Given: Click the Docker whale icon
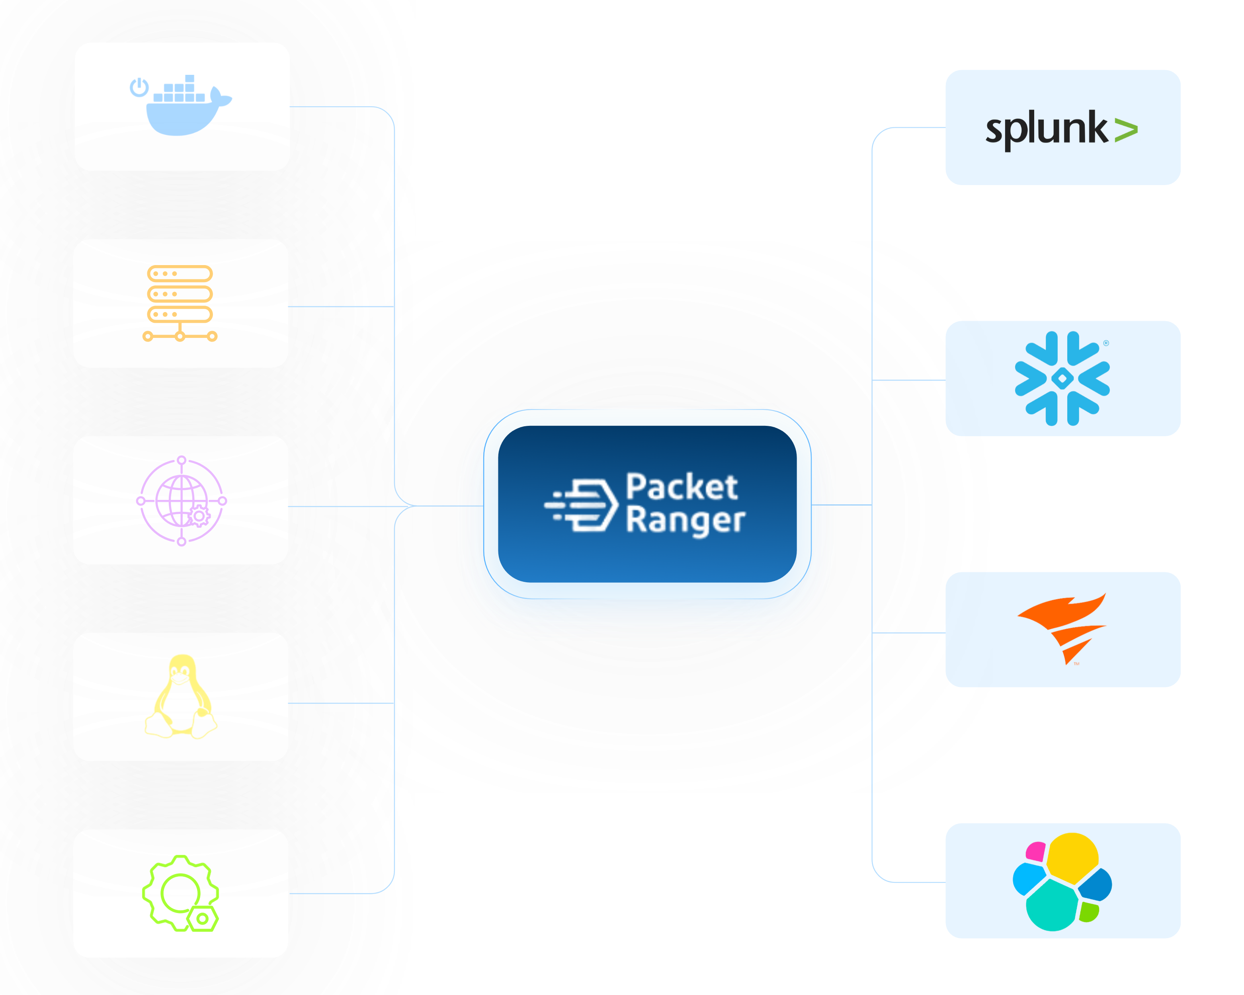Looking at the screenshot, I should (184, 109).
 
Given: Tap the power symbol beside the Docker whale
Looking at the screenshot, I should (139, 88).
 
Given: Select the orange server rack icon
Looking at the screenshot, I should (180, 303).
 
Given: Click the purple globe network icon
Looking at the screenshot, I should (181, 500).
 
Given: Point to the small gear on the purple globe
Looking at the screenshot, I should (199, 515).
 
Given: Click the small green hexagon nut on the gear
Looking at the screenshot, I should (203, 918).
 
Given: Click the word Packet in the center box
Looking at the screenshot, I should (682, 488).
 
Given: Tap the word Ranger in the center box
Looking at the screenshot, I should (685, 520).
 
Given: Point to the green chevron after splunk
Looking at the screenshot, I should (1126, 131).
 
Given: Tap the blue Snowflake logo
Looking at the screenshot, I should (1062, 378).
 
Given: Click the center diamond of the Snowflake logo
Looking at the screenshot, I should (1062, 379).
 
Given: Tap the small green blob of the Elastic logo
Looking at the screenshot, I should (1089, 911).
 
